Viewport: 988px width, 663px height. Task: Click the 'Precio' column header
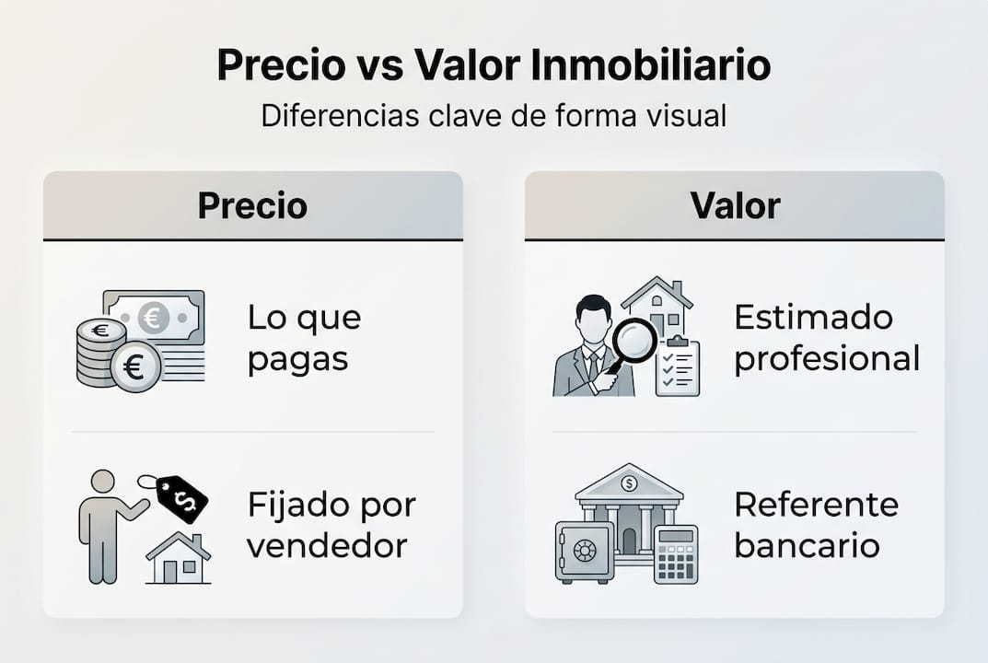point(252,205)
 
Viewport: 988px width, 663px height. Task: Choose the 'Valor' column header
point(735,205)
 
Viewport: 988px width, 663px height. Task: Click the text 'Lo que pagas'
point(304,338)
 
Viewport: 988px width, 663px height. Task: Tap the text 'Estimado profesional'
point(826,338)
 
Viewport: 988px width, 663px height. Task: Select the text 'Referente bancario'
point(816,525)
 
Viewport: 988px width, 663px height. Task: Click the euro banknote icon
point(155,318)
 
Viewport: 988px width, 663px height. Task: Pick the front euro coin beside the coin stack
point(135,368)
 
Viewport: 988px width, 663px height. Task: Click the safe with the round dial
point(584,552)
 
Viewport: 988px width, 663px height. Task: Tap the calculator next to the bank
point(675,555)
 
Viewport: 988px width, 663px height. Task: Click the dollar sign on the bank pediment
point(629,483)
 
